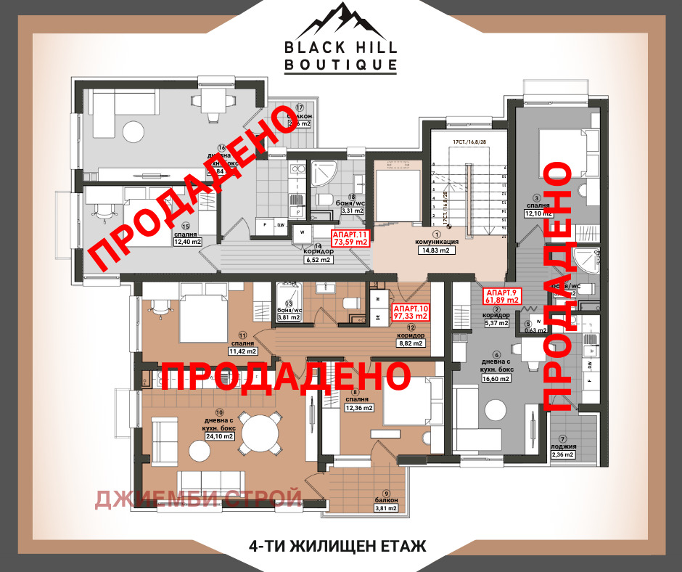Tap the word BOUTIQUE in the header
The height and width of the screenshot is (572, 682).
click(340, 65)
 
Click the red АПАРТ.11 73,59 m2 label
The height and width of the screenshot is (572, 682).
click(350, 239)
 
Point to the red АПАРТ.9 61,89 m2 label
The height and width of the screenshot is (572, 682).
click(503, 295)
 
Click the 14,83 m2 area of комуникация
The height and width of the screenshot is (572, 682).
click(437, 251)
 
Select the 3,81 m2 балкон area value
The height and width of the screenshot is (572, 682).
click(385, 508)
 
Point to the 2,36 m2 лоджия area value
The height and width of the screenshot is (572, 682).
click(562, 455)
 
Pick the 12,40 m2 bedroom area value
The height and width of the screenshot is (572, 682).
click(186, 242)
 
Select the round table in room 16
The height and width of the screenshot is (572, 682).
click(133, 131)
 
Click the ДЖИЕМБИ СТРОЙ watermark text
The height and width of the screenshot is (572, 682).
click(199, 498)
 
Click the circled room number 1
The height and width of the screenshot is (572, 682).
click(437, 234)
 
